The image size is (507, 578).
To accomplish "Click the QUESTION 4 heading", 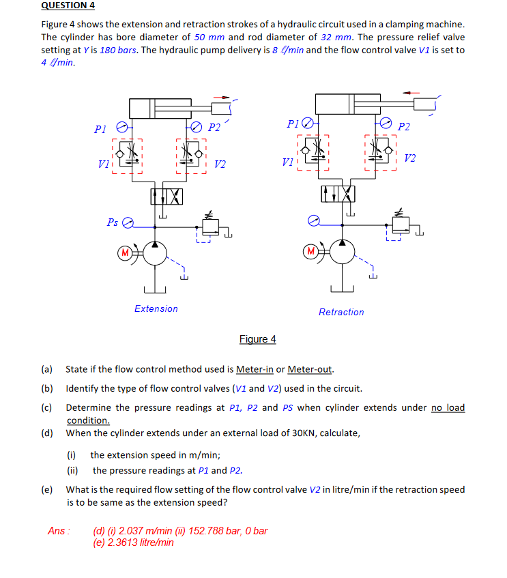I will click(68, 5).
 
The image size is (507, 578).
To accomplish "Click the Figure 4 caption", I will click(257, 339).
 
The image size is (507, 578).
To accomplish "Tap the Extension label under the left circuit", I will click(156, 309).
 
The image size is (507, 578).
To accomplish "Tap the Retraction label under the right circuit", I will click(341, 312).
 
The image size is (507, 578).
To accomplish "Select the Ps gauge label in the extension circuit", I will click(113, 222).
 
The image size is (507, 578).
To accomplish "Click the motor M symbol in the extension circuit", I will click(125, 254).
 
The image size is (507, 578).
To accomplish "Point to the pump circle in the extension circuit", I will click(155, 254).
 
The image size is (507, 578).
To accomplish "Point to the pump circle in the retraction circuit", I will click(341, 252).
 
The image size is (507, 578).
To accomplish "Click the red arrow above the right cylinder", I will click(411, 93).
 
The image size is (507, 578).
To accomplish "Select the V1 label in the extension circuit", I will click(103, 164).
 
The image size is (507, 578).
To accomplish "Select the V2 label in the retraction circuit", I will click(409, 158).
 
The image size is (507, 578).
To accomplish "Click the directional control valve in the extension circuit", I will click(166, 197).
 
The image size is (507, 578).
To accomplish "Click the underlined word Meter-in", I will click(255, 370).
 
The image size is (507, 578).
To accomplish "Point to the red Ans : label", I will click(60, 531).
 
